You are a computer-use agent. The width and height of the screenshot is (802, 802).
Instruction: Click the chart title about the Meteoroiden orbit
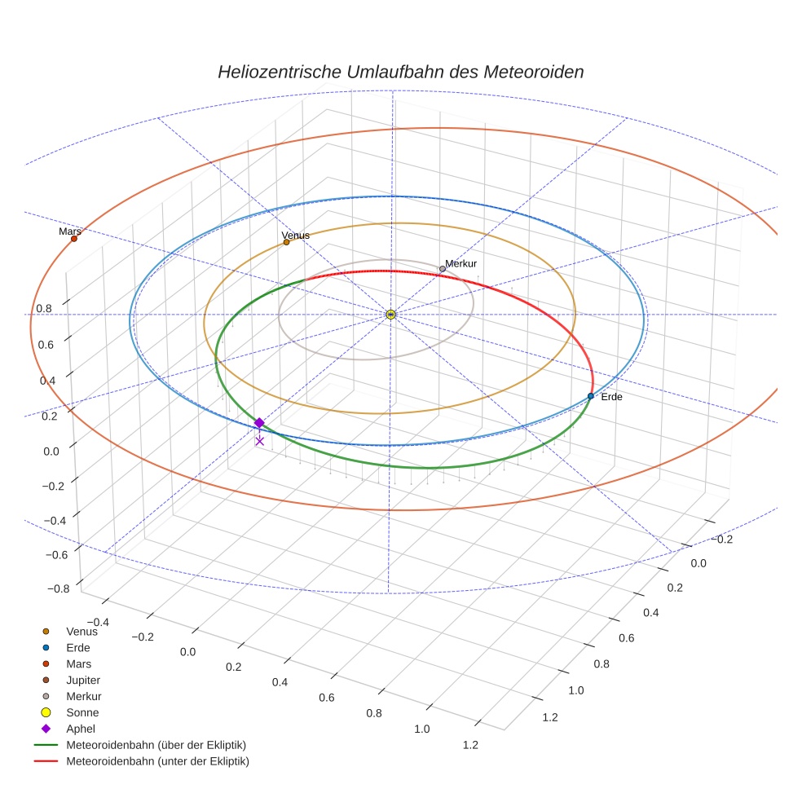tap(400, 72)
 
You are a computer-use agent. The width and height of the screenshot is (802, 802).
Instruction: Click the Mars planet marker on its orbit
tap(74, 239)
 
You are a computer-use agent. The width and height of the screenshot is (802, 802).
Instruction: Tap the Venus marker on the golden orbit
tap(286, 242)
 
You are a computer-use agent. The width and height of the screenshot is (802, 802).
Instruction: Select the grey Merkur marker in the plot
tap(443, 269)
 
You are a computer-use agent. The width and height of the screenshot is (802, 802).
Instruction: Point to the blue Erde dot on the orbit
tap(591, 396)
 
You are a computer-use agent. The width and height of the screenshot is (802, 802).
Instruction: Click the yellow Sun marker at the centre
tap(390, 315)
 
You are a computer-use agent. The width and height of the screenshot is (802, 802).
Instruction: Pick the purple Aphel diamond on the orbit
tap(259, 422)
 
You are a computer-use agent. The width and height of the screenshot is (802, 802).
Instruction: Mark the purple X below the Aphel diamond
tap(259, 441)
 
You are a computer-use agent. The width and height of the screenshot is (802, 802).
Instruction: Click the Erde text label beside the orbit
tap(611, 397)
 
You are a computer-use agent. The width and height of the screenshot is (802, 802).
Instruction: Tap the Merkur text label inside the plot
tap(460, 263)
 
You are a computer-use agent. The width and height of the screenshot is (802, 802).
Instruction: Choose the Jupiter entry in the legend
tap(83, 680)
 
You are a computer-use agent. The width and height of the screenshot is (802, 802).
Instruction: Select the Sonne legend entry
tap(82, 712)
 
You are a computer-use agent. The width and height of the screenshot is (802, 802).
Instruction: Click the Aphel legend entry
tap(81, 729)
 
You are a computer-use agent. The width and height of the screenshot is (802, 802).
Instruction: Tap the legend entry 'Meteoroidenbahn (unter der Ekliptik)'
tap(157, 761)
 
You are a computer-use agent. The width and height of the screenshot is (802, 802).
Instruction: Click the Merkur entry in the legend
tap(84, 696)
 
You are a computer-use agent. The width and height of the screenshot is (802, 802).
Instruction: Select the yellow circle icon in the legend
tap(46, 712)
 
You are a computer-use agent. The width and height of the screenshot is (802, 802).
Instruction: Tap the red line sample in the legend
tap(46, 761)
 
